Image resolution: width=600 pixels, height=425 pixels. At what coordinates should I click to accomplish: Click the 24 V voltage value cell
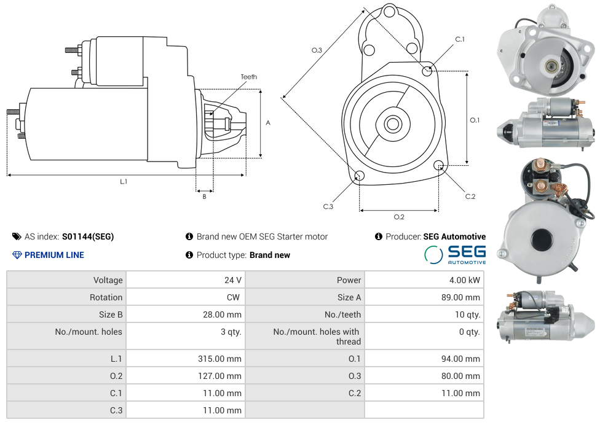pos(232,280)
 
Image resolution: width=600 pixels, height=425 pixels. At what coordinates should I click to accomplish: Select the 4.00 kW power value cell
pos(465,280)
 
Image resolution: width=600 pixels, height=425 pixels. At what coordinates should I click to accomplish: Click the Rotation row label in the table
pos(106,297)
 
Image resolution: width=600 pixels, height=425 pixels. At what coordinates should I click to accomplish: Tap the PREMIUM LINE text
pos(54,255)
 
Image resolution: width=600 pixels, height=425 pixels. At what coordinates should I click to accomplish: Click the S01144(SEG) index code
pos(88,236)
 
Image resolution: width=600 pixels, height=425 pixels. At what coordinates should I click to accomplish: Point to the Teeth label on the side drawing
pos(249,77)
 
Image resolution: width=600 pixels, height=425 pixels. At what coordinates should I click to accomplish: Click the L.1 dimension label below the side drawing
pos(124,182)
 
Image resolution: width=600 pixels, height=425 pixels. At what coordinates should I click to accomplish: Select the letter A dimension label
pos(268,123)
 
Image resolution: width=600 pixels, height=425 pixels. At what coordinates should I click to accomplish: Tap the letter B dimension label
pos(205,197)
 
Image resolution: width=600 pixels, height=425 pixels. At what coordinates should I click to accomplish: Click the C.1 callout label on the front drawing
pos(460,39)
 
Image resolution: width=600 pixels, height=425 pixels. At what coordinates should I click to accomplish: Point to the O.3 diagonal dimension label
pos(317,50)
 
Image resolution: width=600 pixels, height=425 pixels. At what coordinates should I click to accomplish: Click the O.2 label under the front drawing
pos(399,217)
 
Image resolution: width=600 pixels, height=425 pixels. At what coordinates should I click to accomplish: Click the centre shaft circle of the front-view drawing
pos(392,124)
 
